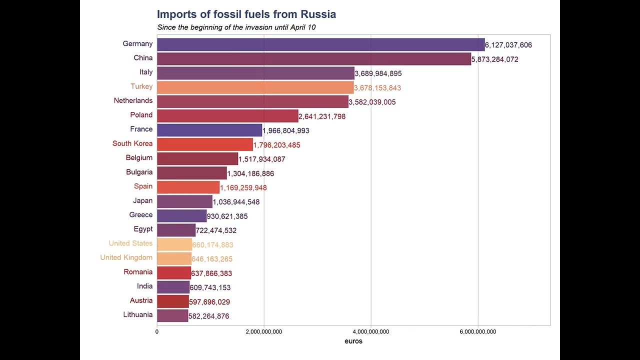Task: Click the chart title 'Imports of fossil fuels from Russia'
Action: coord(246,14)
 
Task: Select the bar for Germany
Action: coord(320,44)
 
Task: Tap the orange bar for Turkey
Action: coord(255,87)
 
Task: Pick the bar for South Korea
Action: coord(205,144)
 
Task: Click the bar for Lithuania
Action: coord(172,315)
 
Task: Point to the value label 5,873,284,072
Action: coord(494,59)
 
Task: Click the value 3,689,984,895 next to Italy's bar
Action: coord(378,73)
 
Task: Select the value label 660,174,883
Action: coord(212,245)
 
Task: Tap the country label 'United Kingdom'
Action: coord(126,257)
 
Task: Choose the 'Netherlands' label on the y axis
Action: coord(133,100)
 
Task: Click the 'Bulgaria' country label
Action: coord(139,172)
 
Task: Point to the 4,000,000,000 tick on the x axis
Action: coord(371,331)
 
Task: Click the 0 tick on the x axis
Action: coord(157,331)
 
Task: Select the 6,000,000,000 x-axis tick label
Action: coord(478,331)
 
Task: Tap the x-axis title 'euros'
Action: coord(353,341)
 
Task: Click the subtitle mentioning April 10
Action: coord(236,27)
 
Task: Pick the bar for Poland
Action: coord(227,116)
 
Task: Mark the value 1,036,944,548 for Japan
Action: coord(236,202)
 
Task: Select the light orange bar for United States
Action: coord(174,244)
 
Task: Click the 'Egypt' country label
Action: coord(143,229)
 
